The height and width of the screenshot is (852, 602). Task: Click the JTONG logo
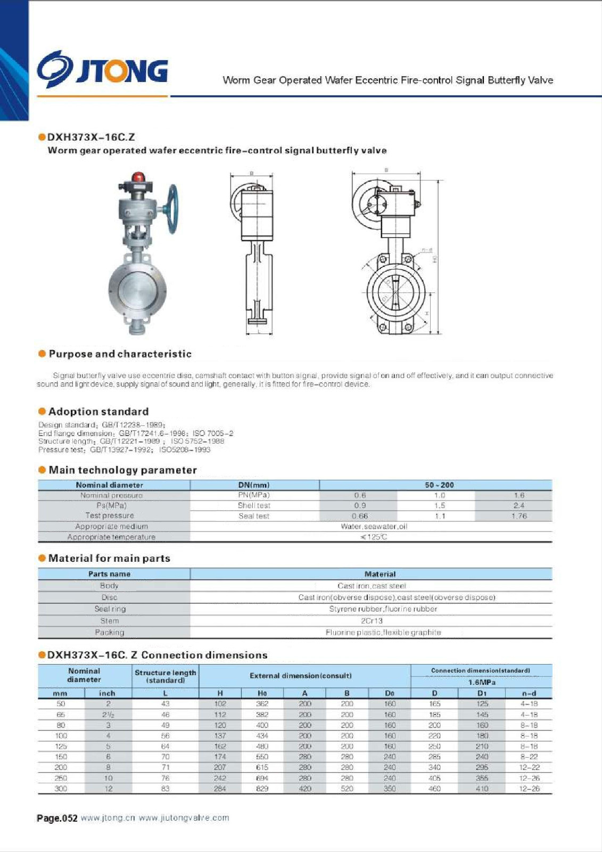[102, 70]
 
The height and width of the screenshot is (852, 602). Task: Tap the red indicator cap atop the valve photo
[138, 177]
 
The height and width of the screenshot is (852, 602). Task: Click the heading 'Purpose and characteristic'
[120, 354]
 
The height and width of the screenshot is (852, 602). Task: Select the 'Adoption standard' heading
[98, 412]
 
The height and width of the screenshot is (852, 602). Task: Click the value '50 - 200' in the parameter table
[439, 485]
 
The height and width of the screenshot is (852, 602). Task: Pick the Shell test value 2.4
[518, 505]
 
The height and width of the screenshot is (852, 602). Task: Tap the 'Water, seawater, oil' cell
[374, 527]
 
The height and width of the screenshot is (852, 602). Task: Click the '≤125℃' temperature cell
[374, 537]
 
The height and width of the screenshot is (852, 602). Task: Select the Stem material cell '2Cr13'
[372, 621]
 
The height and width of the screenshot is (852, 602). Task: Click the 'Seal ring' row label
[110, 609]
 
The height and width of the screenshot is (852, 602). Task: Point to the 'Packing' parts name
[110, 633]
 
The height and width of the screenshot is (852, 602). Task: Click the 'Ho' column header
[262, 693]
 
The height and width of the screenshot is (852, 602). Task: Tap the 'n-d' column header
[529, 693]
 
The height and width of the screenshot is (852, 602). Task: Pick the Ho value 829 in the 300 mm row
[262, 789]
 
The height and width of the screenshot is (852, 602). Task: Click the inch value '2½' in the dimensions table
[108, 715]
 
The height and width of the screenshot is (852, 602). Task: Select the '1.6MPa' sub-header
[482, 682]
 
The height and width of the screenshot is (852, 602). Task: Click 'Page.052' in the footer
[57, 818]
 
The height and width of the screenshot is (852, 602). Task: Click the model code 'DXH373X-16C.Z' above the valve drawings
[91, 137]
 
